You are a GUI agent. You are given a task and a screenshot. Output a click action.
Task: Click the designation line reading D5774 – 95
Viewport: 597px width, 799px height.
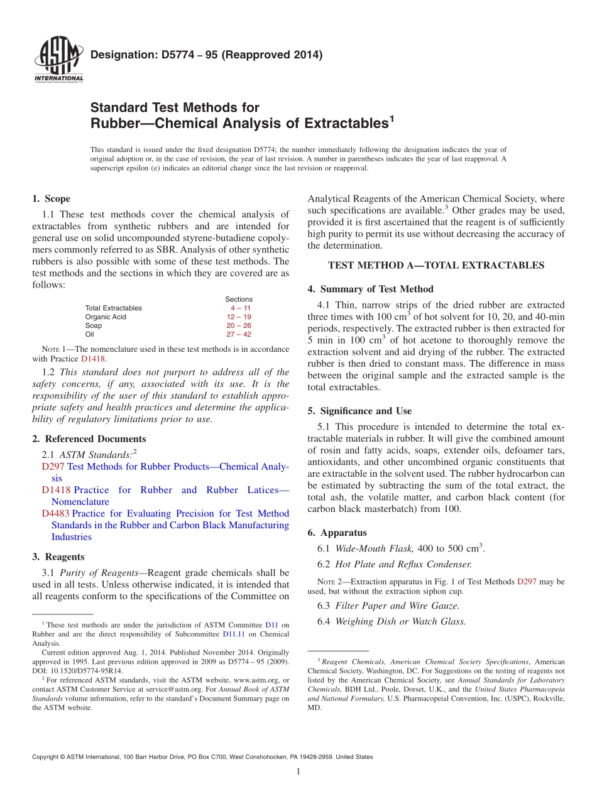(x=207, y=55)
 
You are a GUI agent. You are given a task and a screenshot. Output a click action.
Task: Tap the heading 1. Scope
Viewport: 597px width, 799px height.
(x=51, y=198)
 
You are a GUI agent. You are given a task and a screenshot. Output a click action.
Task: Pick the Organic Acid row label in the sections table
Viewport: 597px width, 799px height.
(x=106, y=317)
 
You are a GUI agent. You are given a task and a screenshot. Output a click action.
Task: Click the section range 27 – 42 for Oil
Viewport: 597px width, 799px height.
(x=239, y=335)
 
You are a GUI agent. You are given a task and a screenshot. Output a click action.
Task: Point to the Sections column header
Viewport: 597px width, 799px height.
(x=239, y=300)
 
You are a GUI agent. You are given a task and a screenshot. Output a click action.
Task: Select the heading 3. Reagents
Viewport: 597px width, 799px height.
(x=58, y=557)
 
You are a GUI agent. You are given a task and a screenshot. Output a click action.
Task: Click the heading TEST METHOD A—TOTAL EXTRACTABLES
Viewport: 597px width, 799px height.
(x=436, y=266)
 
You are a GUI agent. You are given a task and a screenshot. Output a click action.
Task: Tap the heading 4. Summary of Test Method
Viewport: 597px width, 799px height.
(x=376, y=289)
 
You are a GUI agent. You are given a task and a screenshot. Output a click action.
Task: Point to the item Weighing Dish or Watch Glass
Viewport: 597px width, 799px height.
(x=400, y=621)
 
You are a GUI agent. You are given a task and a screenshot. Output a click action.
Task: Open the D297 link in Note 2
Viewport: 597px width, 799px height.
(x=526, y=582)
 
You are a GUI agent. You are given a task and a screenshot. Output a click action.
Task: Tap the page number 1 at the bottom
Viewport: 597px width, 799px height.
(x=298, y=772)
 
